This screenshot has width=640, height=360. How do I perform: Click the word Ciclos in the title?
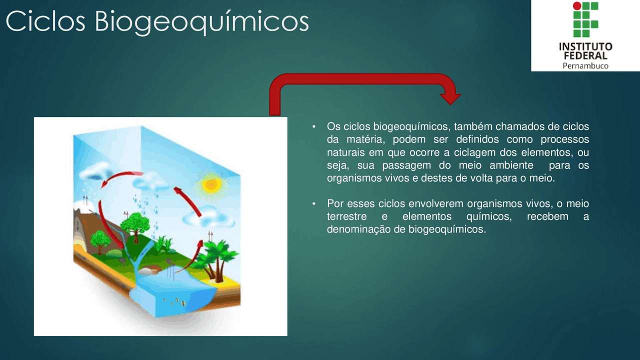point(45,21)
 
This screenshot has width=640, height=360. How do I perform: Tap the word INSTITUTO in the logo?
point(585,46)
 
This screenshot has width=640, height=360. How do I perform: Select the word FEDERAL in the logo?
point(585,55)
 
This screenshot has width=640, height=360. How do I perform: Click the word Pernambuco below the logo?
point(585,66)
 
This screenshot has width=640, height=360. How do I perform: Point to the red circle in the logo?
point(577,5)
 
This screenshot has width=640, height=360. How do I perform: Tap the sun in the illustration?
point(211,185)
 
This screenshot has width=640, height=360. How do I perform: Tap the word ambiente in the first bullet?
point(511,165)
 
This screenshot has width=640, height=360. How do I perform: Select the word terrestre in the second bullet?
point(347,216)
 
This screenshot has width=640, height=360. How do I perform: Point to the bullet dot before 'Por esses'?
point(314,203)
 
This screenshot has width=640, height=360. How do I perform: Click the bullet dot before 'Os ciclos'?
point(314,126)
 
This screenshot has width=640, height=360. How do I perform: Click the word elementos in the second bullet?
point(427,216)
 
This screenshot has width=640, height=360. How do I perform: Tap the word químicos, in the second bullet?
point(489,216)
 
